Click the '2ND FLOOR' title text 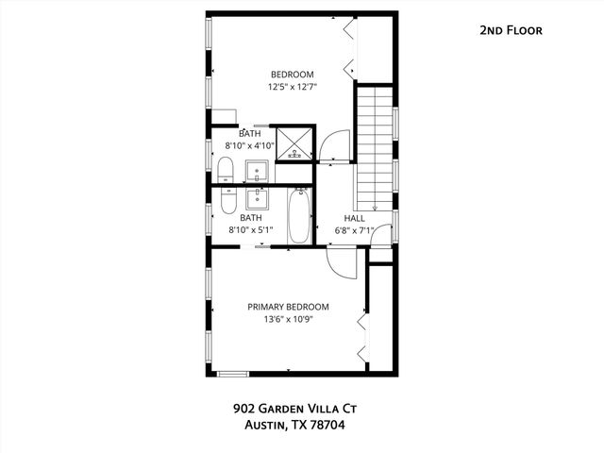(510, 30)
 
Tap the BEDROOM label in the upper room (292, 75)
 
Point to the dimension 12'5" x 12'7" (292, 89)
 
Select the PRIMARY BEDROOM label (288, 307)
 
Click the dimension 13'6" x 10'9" (288, 320)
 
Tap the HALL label (354, 217)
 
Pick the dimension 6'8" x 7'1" (355, 230)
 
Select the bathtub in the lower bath (299, 218)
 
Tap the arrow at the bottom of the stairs (375, 208)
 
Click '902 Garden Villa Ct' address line (295, 409)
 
